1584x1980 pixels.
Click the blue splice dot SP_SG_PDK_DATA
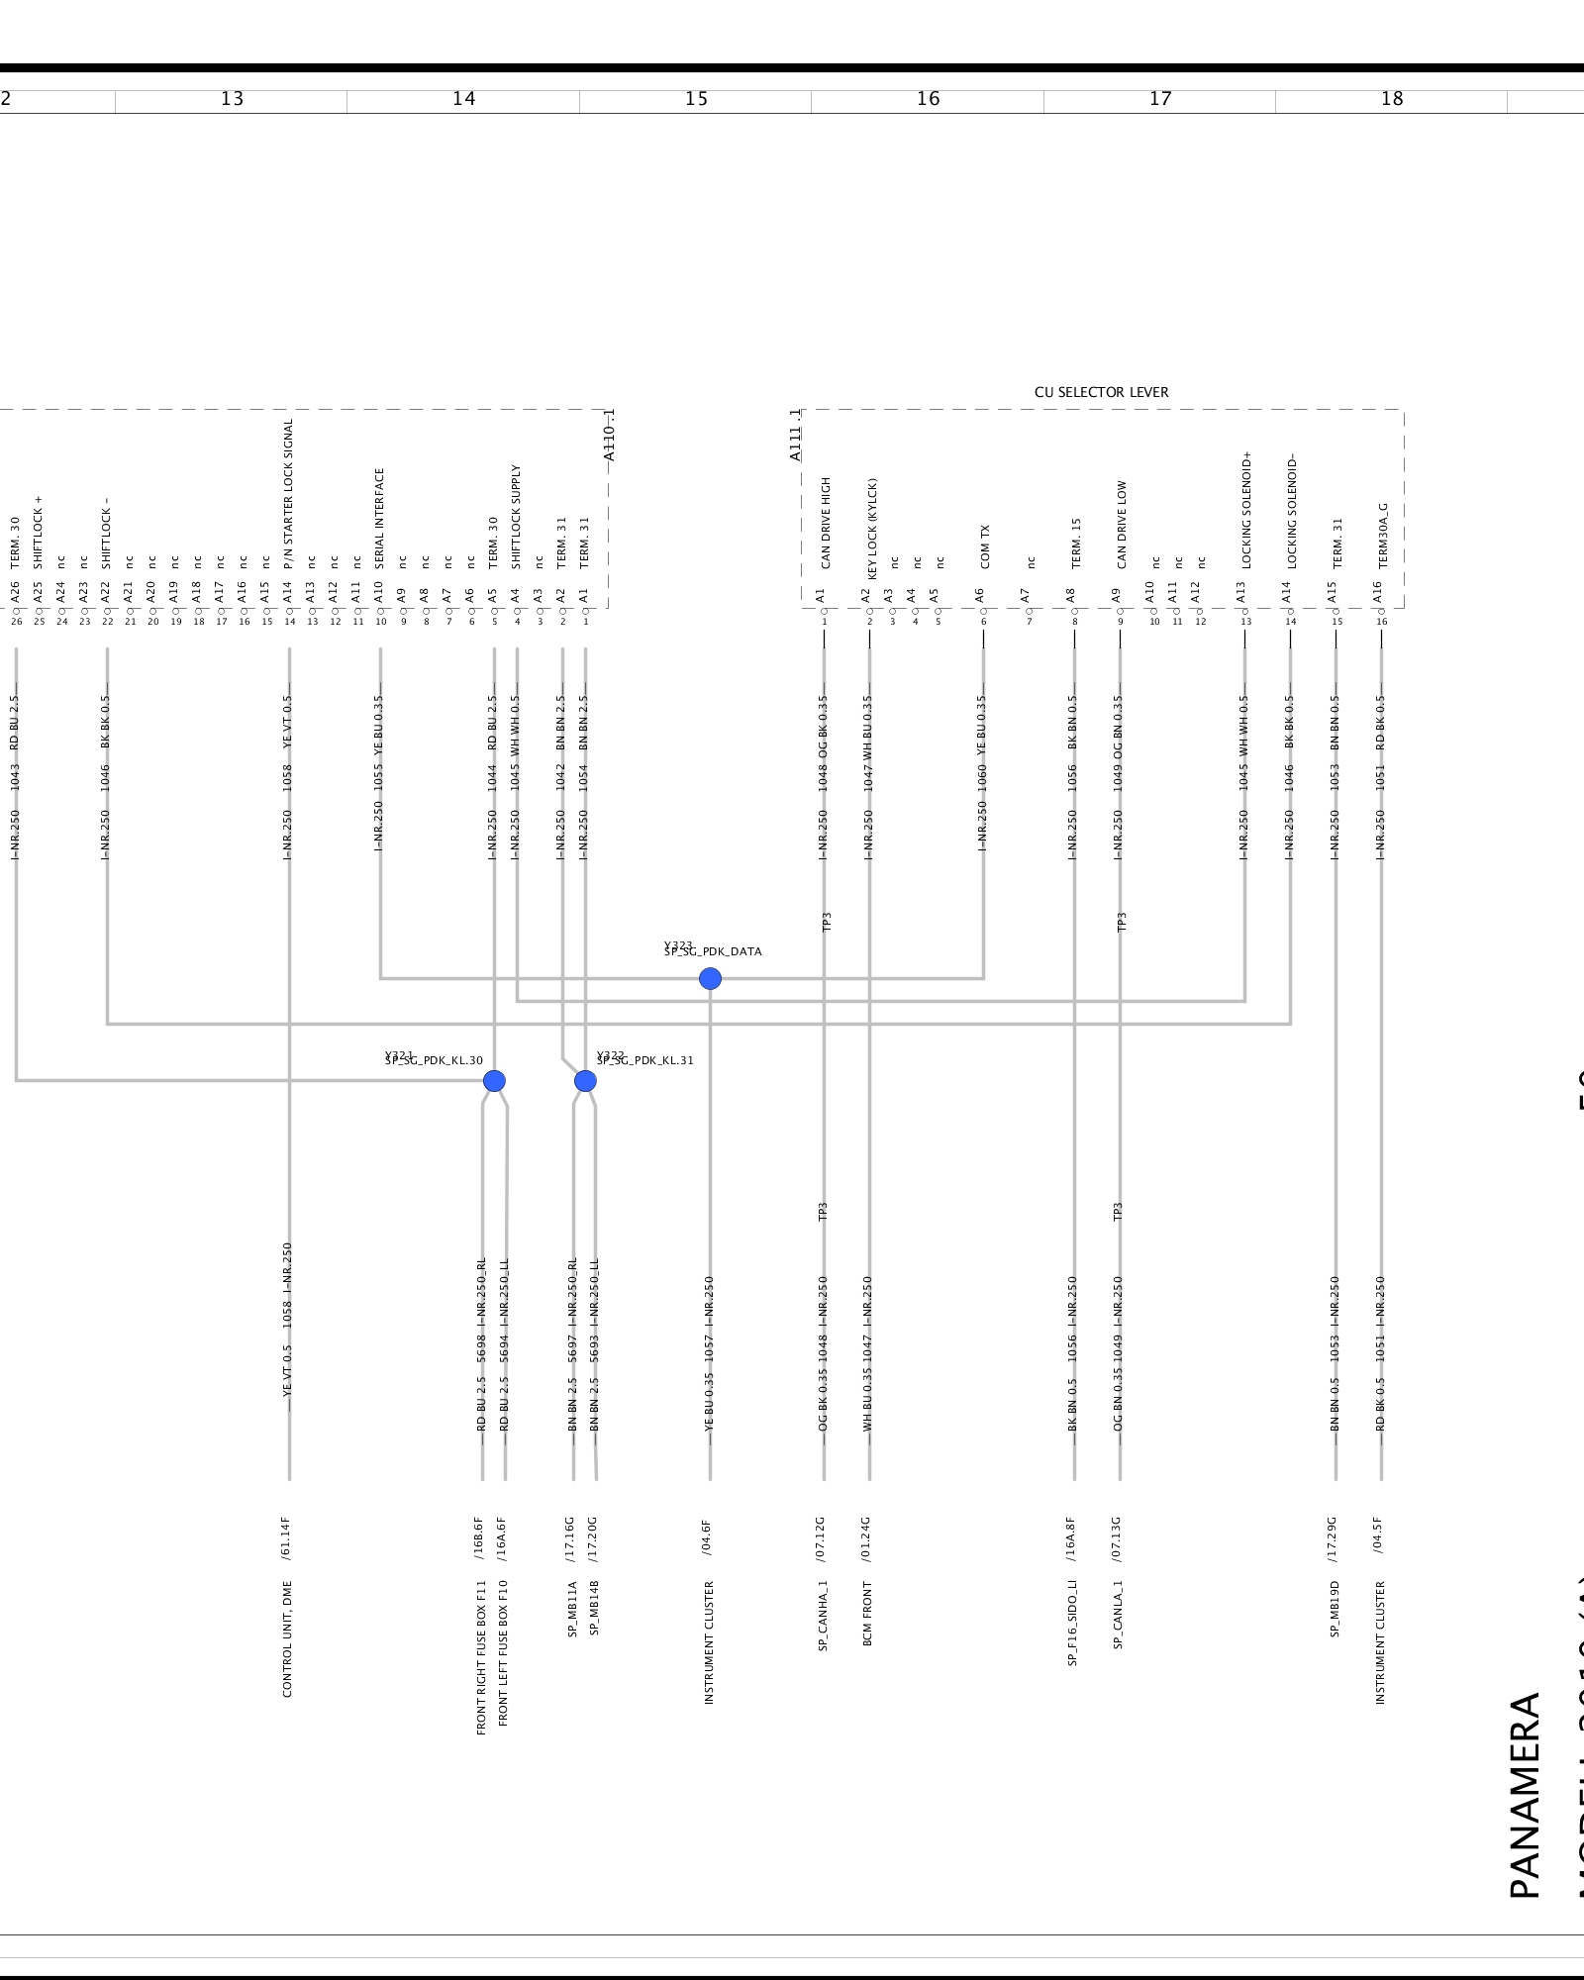(710, 979)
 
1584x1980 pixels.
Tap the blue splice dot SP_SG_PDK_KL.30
(494, 1081)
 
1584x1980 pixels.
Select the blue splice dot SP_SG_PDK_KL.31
(585, 1081)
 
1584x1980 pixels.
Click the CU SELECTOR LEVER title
(1101, 392)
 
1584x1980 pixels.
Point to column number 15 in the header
(696, 99)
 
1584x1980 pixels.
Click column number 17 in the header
(1160, 99)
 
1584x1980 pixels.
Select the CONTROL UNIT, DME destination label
(287, 1638)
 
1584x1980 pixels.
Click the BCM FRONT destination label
(867, 1614)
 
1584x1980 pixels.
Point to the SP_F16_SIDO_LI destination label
(1071, 1624)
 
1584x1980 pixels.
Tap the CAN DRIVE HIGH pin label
(826, 523)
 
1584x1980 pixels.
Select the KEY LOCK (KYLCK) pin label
(871, 529)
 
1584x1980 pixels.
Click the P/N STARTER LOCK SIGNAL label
(289, 493)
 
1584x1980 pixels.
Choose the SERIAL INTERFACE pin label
(379, 518)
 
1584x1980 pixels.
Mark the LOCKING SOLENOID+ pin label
(1246, 510)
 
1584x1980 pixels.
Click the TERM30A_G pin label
(1383, 536)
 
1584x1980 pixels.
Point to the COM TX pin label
(985, 546)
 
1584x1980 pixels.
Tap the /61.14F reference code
(286, 1537)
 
